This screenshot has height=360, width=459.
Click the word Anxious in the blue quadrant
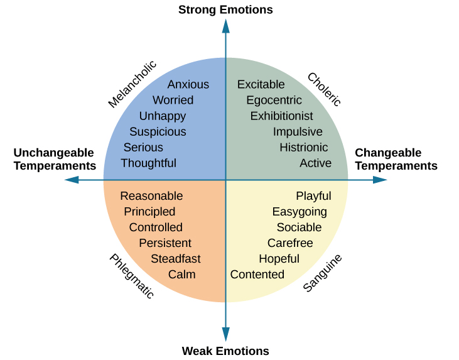(188, 84)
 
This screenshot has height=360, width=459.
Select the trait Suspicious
(158, 131)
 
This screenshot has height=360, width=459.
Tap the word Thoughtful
(148, 163)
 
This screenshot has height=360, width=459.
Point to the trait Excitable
(261, 84)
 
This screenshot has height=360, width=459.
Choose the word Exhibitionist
(281, 116)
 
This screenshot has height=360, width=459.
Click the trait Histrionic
(303, 147)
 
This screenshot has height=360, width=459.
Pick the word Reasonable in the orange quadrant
(151, 196)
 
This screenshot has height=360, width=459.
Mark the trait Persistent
(165, 243)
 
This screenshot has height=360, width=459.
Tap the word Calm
(181, 275)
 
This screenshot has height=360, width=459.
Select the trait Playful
(313, 196)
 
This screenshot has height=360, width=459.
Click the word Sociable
(299, 227)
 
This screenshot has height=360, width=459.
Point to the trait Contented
(257, 275)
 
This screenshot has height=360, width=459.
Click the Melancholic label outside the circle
(132, 84)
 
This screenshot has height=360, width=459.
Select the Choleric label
(324, 89)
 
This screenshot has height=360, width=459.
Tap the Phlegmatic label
(131, 276)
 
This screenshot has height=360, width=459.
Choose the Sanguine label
(323, 273)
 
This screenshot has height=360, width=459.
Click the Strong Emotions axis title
(225, 9)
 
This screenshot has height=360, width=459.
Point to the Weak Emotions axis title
(225, 351)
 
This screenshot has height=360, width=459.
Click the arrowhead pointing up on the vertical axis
(225, 26)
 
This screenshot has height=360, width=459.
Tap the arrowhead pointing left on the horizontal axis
(72, 180)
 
